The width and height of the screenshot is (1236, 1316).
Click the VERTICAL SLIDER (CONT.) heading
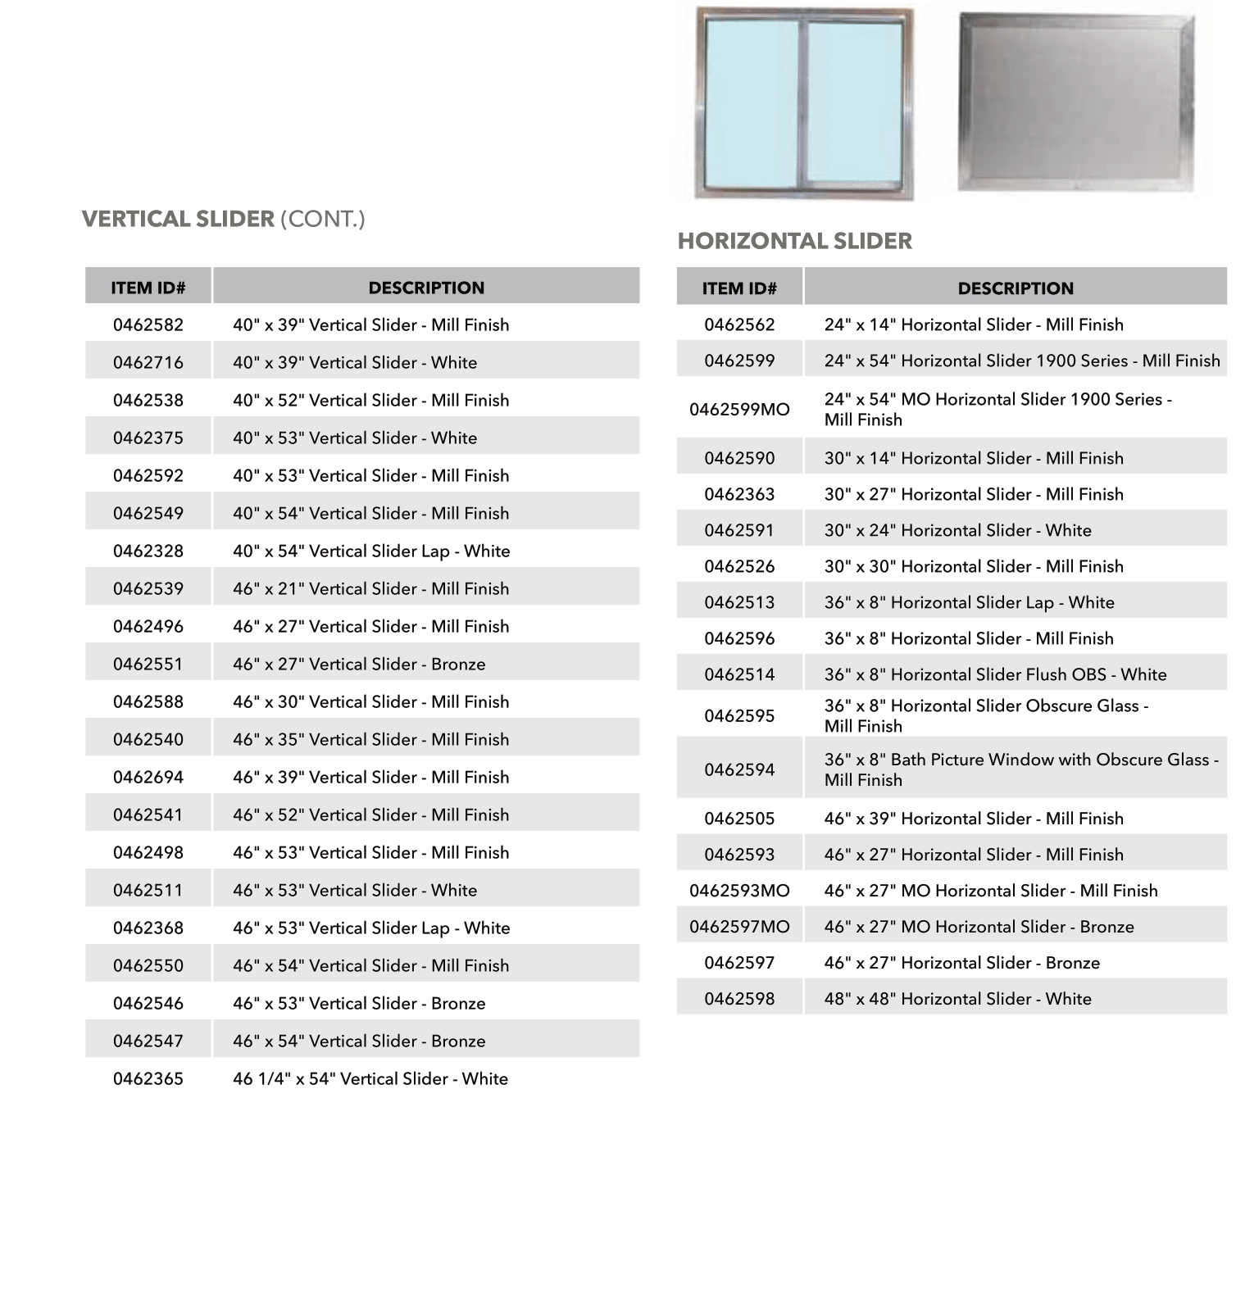(223, 220)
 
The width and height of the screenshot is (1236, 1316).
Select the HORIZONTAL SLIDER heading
(794, 241)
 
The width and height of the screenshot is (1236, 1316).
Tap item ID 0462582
(148, 325)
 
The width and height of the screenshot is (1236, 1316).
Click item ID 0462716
(148, 363)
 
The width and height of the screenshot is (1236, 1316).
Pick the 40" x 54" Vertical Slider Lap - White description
(370, 551)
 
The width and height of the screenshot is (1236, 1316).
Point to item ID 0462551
(148, 665)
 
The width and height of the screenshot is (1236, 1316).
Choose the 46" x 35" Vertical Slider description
(370, 740)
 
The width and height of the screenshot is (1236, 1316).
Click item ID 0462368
(148, 928)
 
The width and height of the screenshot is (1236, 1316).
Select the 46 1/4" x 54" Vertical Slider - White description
(370, 1079)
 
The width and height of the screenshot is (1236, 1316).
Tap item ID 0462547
(148, 1041)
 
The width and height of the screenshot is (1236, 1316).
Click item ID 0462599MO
(739, 410)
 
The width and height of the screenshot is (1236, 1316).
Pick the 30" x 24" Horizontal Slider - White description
(957, 531)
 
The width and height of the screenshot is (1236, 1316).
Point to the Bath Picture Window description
(1020, 769)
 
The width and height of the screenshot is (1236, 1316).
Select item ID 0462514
(739, 675)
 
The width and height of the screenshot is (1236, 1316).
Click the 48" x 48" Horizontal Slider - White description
(957, 1000)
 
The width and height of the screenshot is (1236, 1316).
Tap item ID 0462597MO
(739, 928)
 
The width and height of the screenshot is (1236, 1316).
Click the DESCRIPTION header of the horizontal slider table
(1015, 288)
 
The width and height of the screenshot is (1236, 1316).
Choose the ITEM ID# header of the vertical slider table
(148, 288)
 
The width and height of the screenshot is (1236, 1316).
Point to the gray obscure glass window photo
(1075, 102)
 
